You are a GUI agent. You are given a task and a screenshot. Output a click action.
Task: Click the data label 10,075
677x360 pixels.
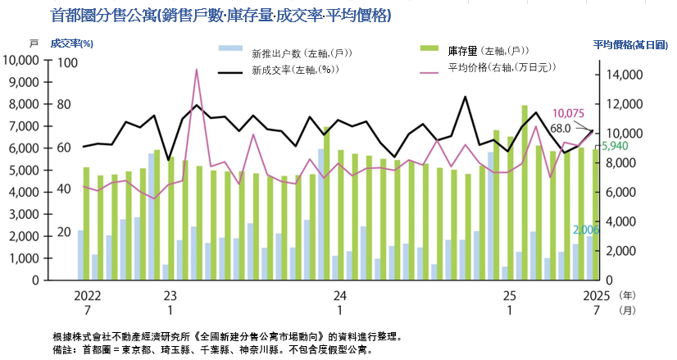coord(568,113)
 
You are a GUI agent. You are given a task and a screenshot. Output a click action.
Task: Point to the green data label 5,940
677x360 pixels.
coord(615,146)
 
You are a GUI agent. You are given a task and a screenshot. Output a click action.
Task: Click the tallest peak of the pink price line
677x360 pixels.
coord(197,71)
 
